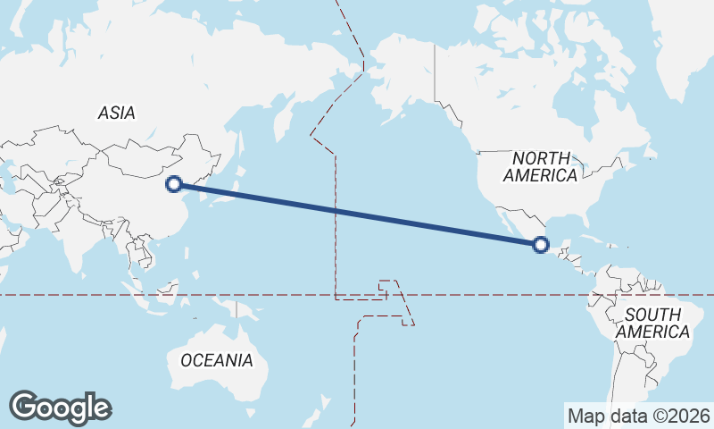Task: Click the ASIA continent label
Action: [x=116, y=113]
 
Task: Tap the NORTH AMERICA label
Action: [x=540, y=166]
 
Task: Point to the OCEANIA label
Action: [x=216, y=361]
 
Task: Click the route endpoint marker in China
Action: [x=175, y=183]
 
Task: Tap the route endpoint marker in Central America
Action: [x=540, y=244]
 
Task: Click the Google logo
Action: [x=60, y=408]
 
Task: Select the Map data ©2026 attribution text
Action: [x=639, y=416]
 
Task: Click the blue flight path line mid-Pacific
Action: [x=357, y=214]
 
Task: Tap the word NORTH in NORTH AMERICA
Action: [x=540, y=157]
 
